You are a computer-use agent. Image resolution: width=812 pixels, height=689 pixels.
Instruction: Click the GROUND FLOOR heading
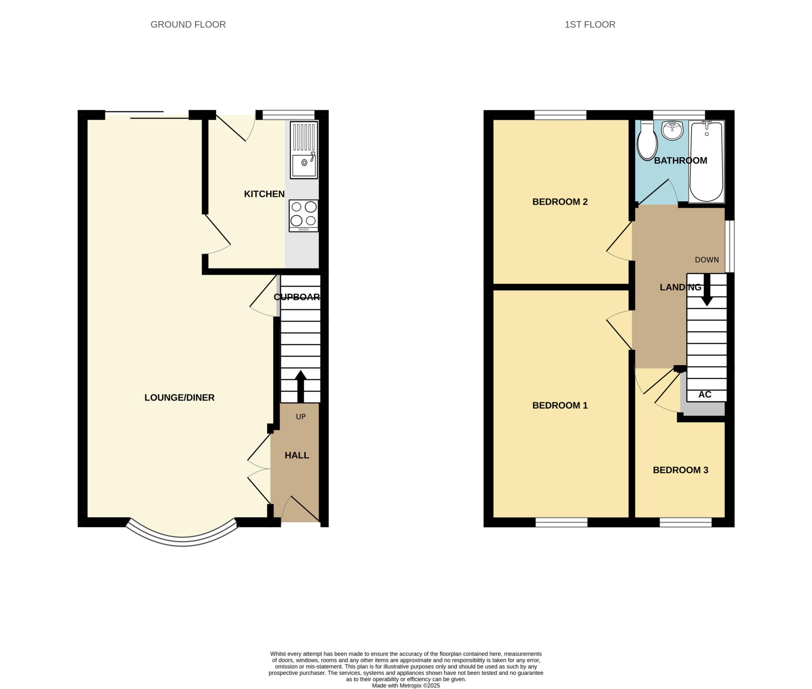pyautogui.click(x=188, y=25)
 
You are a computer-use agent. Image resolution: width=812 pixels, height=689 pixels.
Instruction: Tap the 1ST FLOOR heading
pyautogui.click(x=590, y=25)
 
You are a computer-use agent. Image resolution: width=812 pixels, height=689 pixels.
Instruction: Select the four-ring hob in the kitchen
pyautogui.click(x=304, y=215)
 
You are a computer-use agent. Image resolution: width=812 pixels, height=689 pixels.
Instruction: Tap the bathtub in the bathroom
pyautogui.click(x=707, y=162)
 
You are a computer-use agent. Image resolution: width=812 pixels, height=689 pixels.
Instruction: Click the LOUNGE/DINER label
pyautogui.click(x=179, y=398)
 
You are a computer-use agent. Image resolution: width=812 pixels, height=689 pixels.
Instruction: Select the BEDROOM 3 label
pyautogui.click(x=680, y=470)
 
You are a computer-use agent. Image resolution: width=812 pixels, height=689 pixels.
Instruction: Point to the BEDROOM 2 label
pyautogui.click(x=560, y=202)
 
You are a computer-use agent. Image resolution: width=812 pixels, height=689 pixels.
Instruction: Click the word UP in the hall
pyautogui.click(x=301, y=417)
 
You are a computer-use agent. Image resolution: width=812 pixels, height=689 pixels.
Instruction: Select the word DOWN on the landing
pyautogui.click(x=707, y=260)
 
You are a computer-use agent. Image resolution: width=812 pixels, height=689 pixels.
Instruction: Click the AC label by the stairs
pyautogui.click(x=705, y=394)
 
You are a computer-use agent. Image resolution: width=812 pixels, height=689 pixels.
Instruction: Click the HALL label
pyautogui.click(x=297, y=456)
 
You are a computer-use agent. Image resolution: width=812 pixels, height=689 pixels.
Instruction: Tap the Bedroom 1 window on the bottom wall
pyautogui.click(x=561, y=522)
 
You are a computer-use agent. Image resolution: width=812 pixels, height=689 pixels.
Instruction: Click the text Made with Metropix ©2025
pyautogui.click(x=406, y=685)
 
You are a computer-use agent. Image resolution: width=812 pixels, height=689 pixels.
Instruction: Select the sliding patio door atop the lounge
pyautogui.click(x=147, y=115)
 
